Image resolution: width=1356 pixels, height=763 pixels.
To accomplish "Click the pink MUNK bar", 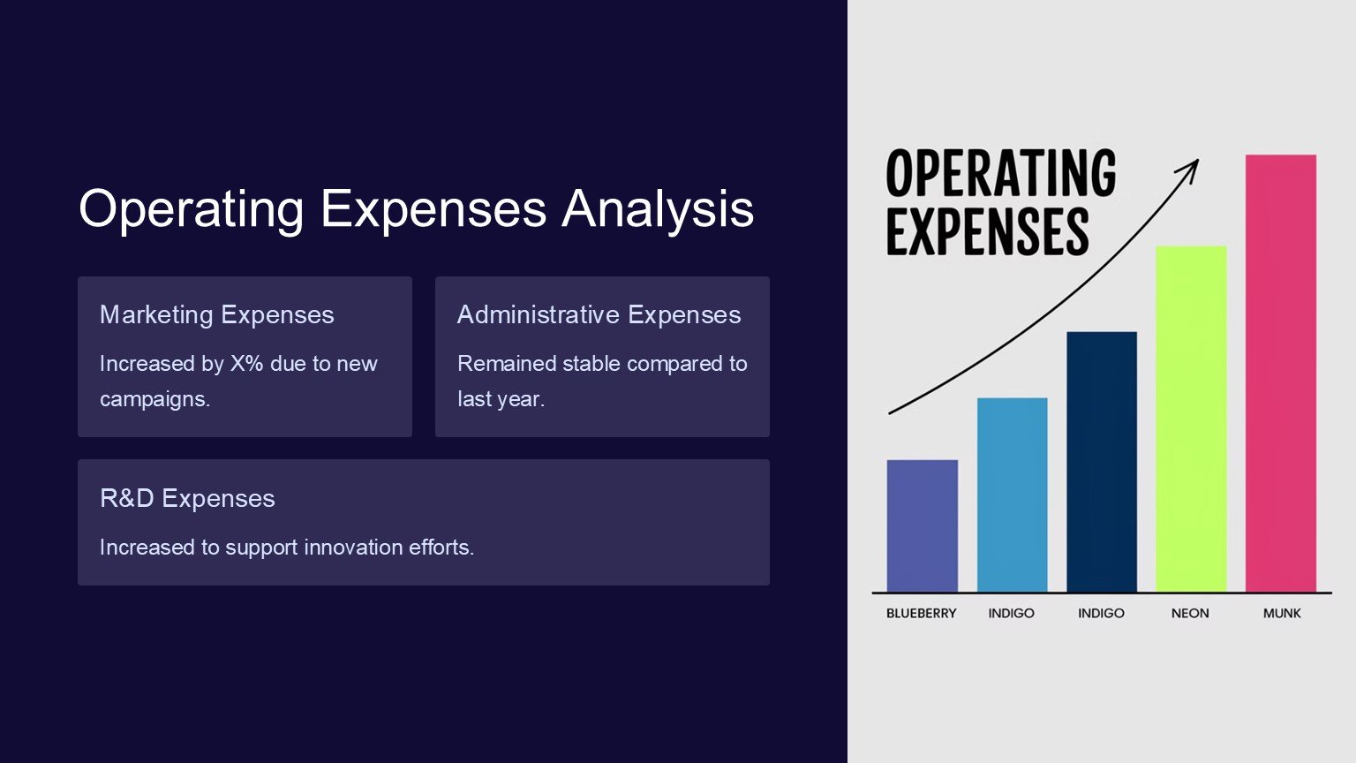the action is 1280,373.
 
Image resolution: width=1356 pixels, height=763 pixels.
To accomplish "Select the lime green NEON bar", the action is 1191,419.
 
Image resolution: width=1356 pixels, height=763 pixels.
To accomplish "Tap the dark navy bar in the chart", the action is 1101,462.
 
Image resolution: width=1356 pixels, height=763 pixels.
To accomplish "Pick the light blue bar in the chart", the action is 1012,495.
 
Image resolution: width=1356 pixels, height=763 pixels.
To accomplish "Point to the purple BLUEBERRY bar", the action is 922,525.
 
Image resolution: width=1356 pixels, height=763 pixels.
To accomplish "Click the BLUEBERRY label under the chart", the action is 921,614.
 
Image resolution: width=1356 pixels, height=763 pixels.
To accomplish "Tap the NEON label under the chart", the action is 1189,614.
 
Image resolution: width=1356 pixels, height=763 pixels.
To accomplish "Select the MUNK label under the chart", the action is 1282,614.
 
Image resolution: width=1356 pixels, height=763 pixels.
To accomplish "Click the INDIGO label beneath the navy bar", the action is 1101,614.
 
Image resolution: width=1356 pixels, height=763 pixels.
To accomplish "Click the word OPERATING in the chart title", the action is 1000,173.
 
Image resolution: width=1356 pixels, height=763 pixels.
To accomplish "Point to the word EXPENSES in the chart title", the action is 987,231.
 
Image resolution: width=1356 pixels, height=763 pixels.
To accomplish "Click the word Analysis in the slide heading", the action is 658,209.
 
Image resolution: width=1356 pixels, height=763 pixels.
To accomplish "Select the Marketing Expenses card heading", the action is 216,315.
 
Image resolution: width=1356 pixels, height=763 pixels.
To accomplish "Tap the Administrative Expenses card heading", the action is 599,315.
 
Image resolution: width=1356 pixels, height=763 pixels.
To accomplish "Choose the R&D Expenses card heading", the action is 187,498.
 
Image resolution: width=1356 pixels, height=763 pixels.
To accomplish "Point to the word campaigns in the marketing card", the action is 154,400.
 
